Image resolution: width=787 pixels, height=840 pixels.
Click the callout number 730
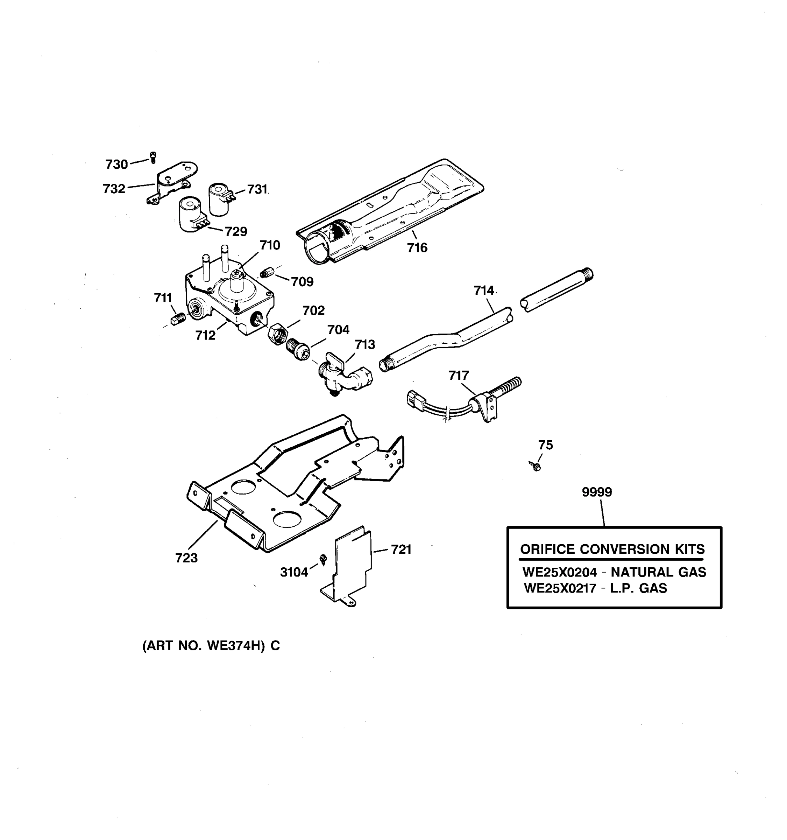(x=116, y=164)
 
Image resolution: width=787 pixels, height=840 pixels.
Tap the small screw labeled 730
(x=153, y=157)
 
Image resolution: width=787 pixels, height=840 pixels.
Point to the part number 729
(x=236, y=232)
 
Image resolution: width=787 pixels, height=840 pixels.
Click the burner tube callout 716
(x=417, y=247)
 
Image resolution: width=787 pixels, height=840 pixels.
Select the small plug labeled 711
(x=178, y=320)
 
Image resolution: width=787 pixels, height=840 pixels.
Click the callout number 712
(x=205, y=336)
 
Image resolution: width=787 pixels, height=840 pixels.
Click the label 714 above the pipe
(x=483, y=291)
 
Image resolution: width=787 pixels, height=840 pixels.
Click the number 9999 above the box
(x=597, y=492)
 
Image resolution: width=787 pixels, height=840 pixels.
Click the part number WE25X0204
(x=559, y=572)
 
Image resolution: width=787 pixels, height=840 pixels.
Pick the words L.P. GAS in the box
(x=638, y=588)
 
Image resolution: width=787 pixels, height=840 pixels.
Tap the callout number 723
(x=186, y=558)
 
